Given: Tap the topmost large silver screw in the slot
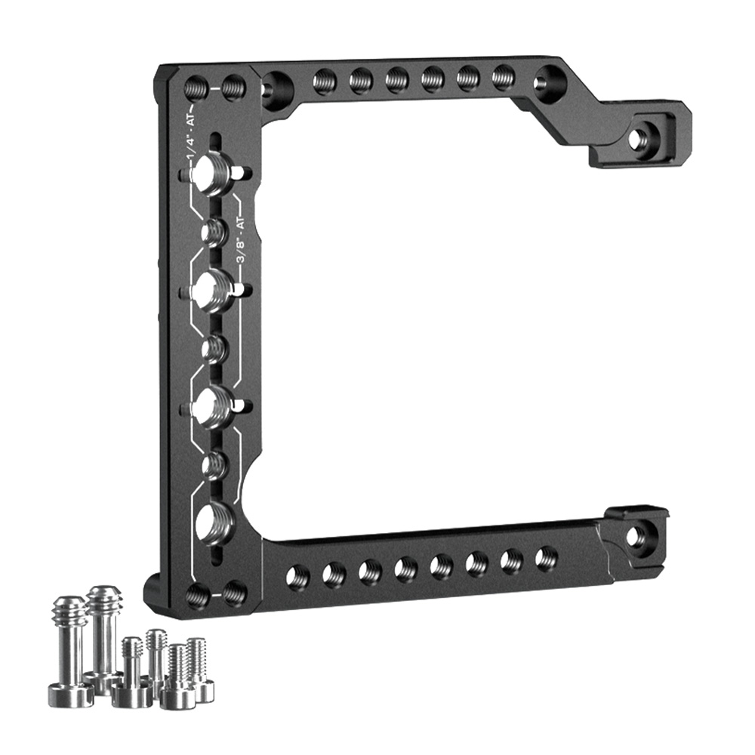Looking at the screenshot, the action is click(212, 172).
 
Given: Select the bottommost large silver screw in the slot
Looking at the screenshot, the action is click(216, 524).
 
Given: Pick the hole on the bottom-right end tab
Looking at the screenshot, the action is click(640, 535).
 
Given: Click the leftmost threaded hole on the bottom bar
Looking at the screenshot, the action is click(297, 575).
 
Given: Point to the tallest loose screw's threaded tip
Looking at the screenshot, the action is click(105, 599).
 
